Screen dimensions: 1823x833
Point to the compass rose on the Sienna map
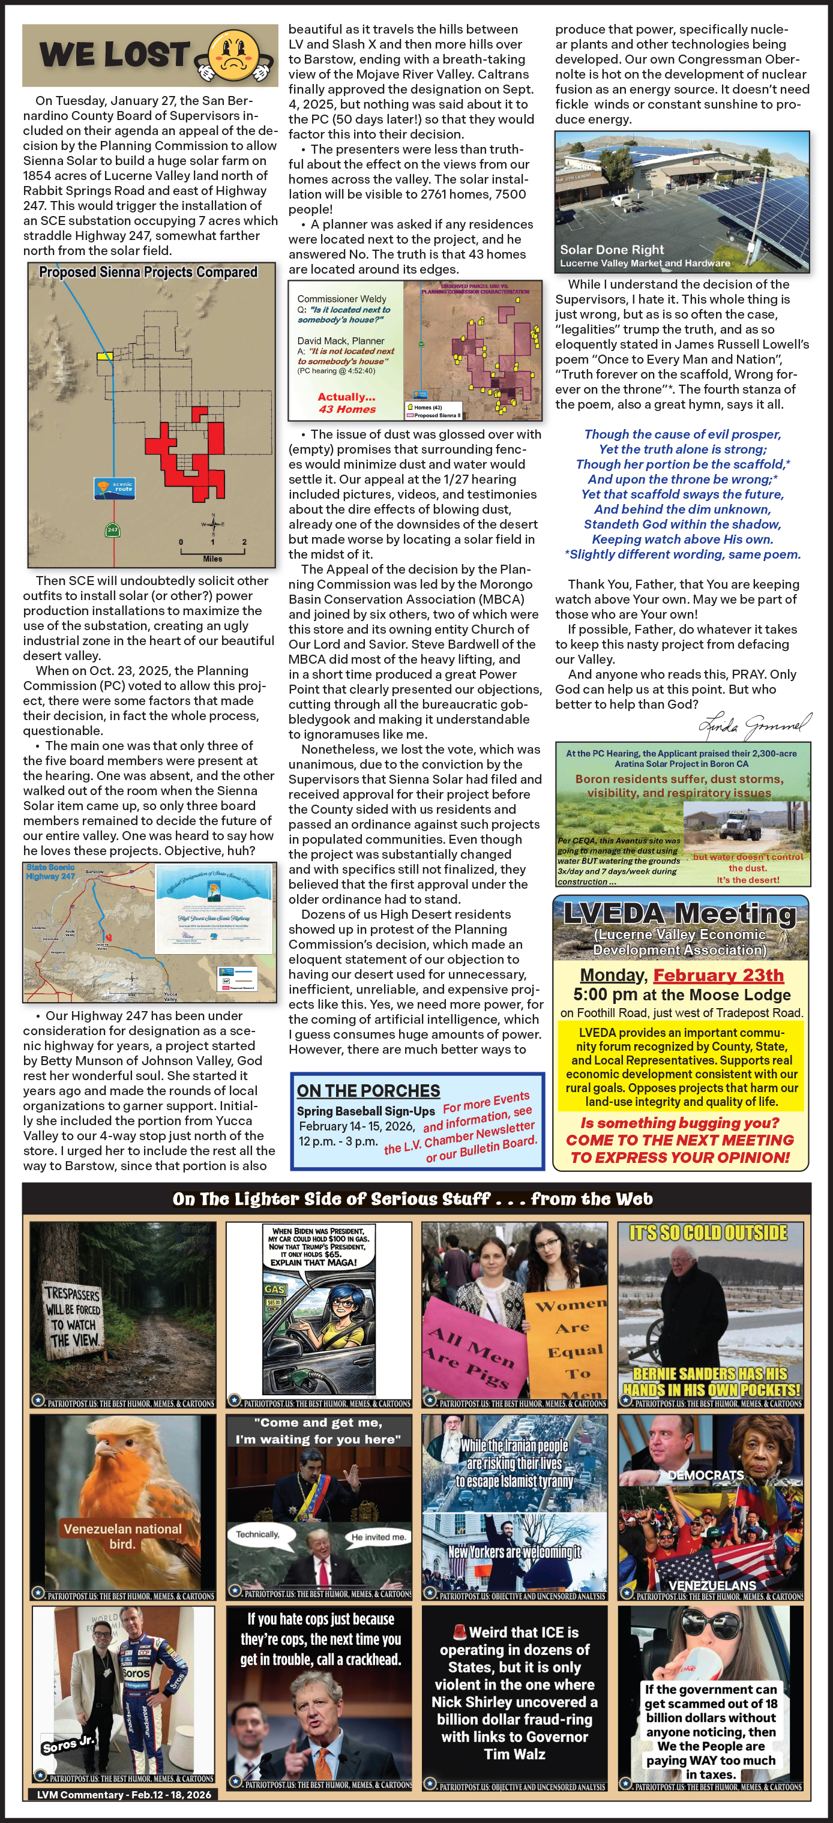pyautogui.click(x=212, y=524)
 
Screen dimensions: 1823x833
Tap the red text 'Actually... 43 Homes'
pyautogui.click(x=347, y=403)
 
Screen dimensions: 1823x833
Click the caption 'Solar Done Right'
pyautogui.click(x=612, y=249)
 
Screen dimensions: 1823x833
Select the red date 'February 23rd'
pyautogui.click(x=718, y=975)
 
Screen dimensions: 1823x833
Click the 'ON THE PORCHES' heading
pyautogui.click(x=368, y=1090)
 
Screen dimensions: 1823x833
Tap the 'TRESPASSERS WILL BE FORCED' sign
pyautogui.click(x=73, y=1317)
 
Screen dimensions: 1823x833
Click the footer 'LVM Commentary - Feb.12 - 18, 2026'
pyautogui.click(x=124, y=1795)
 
